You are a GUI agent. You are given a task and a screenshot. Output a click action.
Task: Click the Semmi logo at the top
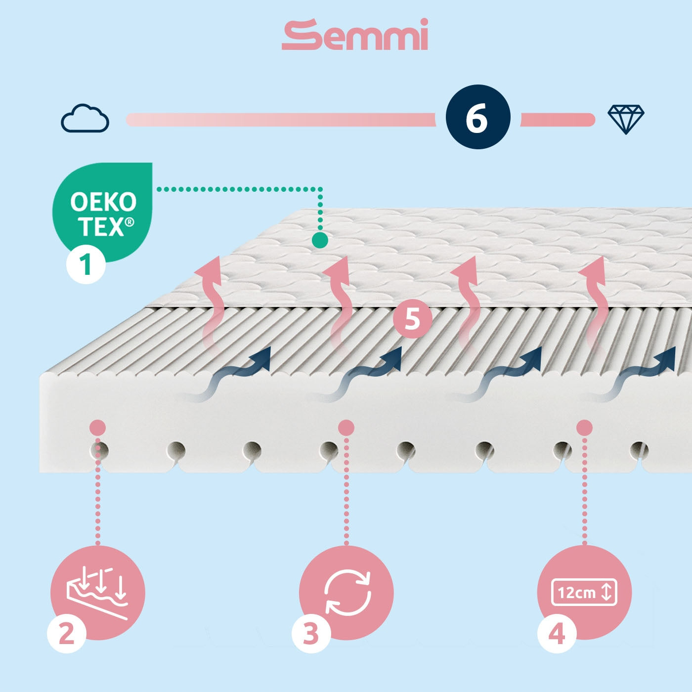[x=354, y=35]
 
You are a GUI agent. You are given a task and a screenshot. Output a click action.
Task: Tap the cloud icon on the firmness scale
[x=85, y=118]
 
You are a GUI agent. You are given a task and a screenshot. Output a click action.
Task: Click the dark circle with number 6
[x=477, y=117]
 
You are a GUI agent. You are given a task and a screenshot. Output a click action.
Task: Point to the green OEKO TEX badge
[x=102, y=212]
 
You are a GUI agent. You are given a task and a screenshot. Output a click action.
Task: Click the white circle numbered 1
[x=86, y=264]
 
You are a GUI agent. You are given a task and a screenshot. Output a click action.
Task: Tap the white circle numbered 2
[x=67, y=634]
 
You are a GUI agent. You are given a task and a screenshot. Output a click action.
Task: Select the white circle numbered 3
[x=311, y=634]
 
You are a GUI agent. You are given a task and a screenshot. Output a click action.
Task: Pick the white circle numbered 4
[x=557, y=634]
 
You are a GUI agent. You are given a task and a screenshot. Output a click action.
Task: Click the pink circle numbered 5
[x=413, y=318]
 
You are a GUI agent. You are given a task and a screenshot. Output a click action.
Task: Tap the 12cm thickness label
[x=584, y=592]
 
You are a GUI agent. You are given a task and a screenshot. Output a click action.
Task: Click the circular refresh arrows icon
[x=347, y=592]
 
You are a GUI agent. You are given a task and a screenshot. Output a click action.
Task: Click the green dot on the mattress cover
[x=320, y=240]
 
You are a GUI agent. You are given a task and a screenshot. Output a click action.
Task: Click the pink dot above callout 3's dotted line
[x=346, y=428]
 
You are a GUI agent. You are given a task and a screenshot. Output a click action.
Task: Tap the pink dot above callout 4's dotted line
[x=584, y=428]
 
